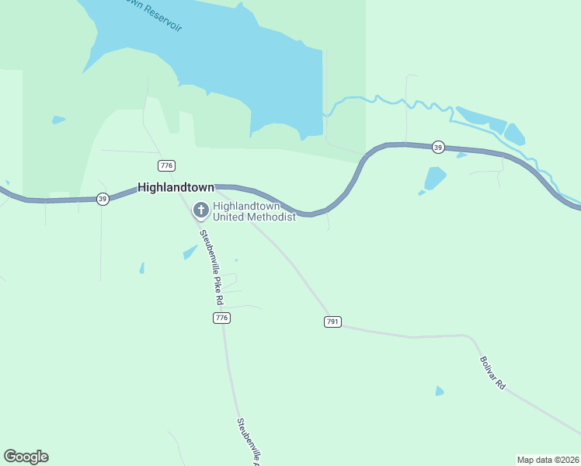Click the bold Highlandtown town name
[x=176, y=187]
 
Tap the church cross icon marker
[x=200, y=210]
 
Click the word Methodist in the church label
[x=273, y=217]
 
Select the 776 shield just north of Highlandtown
[x=166, y=165]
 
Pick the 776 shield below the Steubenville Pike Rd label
[x=222, y=318]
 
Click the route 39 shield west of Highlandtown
[x=103, y=199]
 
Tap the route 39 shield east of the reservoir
[x=438, y=148]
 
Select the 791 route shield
[x=332, y=322]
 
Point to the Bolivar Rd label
[x=493, y=373]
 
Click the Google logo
[x=26, y=457]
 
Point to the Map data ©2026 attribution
[x=548, y=460]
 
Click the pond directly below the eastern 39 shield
[x=435, y=178]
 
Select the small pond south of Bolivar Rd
[x=440, y=391]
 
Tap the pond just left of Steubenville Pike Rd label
[x=190, y=252]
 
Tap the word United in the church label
[x=231, y=217]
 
